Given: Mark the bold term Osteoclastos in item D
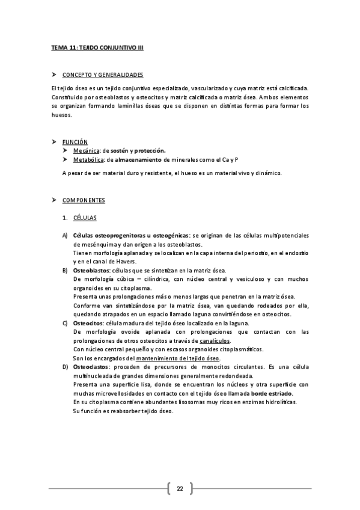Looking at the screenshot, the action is pos(91,366).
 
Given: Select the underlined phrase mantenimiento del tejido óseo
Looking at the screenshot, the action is pos(178,358).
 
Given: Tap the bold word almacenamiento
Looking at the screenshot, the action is pos(144,159).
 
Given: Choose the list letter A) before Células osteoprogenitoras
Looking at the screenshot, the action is pos(64,235).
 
